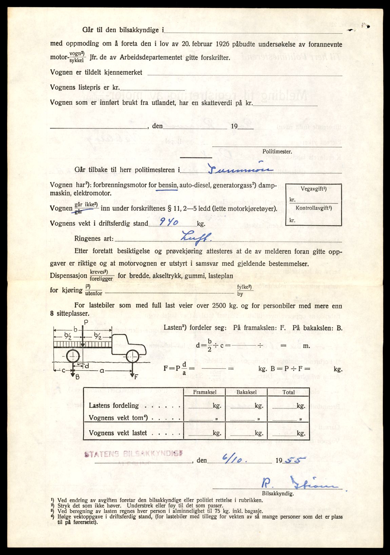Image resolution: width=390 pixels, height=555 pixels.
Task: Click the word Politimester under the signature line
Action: point(277,152)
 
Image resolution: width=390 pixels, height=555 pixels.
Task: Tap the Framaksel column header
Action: point(204,392)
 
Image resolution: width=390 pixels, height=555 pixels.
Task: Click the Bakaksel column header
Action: point(247,392)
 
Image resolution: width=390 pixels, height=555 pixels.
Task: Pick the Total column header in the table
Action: point(289,392)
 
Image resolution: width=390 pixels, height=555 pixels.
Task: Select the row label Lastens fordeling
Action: point(114,405)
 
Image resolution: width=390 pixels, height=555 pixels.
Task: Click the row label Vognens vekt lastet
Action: point(118,433)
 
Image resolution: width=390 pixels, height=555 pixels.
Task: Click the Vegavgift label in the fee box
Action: point(313,189)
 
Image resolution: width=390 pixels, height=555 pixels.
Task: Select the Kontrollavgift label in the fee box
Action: point(313,208)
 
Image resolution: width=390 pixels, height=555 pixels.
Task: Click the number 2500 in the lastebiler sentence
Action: point(219,305)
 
